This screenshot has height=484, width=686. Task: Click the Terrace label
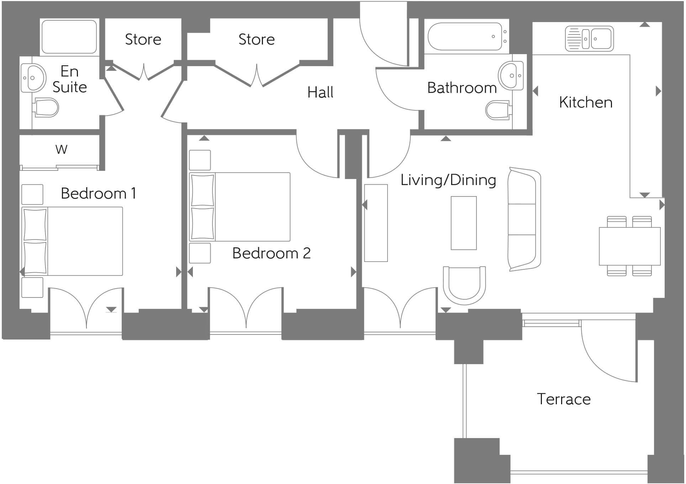click(x=564, y=399)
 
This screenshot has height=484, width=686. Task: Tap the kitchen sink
click(x=589, y=38)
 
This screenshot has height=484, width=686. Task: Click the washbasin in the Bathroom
click(x=511, y=76)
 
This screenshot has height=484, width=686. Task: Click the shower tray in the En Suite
click(x=69, y=37)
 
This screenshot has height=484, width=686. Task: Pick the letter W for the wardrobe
click(x=61, y=149)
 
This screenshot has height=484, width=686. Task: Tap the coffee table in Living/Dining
click(x=464, y=223)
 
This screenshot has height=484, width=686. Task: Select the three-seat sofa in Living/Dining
click(x=524, y=219)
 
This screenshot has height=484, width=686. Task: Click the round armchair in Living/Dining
click(x=464, y=285)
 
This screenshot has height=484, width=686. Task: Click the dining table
click(x=629, y=246)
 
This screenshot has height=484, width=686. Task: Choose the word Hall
click(x=320, y=93)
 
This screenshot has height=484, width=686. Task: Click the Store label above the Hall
click(x=257, y=40)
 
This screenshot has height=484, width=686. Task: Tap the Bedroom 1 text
click(x=98, y=194)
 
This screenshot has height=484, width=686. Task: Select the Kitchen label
click(x=586, y=102)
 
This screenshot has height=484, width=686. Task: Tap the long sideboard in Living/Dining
click(x=376, y=223)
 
